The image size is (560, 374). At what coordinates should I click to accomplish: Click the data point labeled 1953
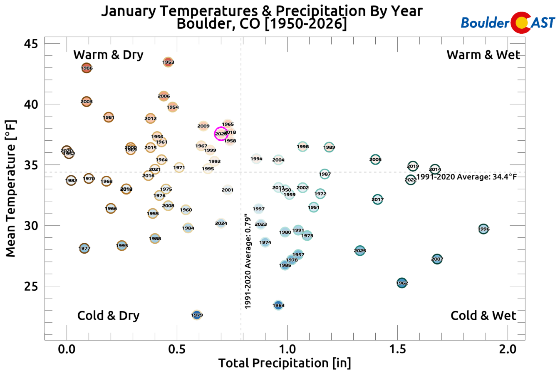tap(168, 62)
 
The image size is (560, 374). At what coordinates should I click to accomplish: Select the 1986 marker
tap(87, 68)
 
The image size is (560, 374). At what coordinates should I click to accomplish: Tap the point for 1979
tap(197, 315)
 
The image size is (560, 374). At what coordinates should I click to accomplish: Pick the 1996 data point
tap(483, 229)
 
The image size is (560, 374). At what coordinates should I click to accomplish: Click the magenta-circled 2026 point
tap(221, 134)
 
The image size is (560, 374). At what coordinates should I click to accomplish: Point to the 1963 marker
tap(278, 305)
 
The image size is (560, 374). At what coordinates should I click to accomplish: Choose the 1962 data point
tap(402, 283)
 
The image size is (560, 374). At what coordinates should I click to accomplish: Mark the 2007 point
tap(437, 259)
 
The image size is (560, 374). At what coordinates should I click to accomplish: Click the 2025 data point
tap(360, 250)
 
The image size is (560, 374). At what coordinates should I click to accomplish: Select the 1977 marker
tap(84, 248)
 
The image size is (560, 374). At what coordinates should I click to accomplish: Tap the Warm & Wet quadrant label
tap(483, 55)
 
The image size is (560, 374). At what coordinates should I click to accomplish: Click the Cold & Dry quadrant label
tap(108, 316)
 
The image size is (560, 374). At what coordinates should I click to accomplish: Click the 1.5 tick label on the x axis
tap(398, 349)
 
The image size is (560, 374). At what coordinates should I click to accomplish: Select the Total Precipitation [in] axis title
tap(285, 363)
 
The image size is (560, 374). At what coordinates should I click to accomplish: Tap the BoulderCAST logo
tap(508, 22)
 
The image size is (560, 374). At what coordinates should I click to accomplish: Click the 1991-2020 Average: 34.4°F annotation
tap(466, 177)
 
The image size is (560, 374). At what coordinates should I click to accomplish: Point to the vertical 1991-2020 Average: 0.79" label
tap(248, 262)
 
